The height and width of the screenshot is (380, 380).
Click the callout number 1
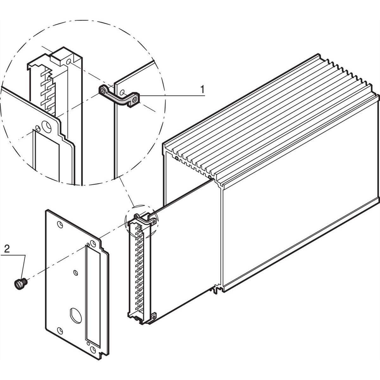202,89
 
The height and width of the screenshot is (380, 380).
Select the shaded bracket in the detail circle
119,96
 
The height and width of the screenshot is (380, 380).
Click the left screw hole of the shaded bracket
103,91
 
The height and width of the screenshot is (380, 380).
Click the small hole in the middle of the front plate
76,273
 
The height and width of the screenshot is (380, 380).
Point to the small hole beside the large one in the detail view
38,129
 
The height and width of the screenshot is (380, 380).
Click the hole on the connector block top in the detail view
69,62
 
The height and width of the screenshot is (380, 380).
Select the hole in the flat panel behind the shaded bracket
122,92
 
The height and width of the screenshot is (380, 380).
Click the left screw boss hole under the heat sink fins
176,158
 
